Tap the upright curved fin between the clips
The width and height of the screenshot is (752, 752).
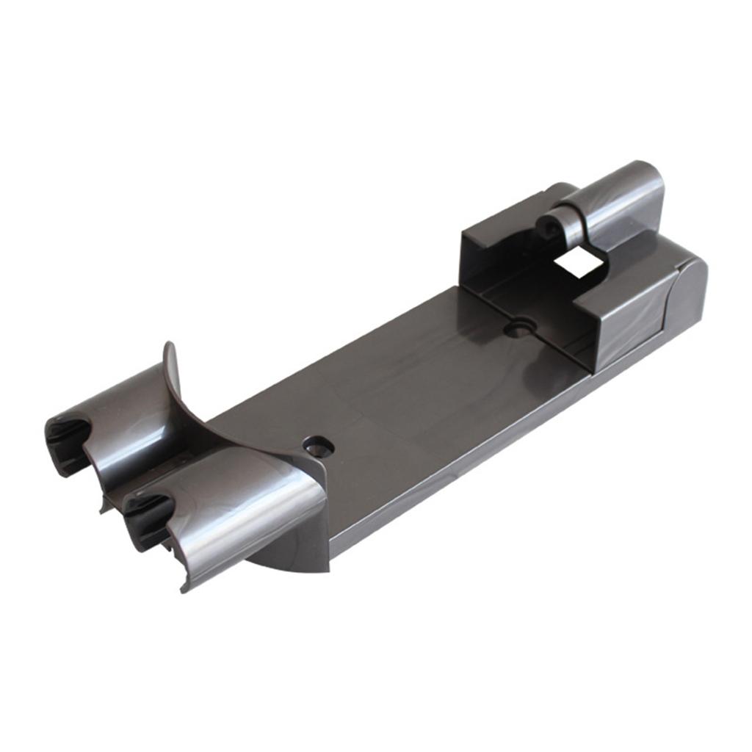pos(174,382)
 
